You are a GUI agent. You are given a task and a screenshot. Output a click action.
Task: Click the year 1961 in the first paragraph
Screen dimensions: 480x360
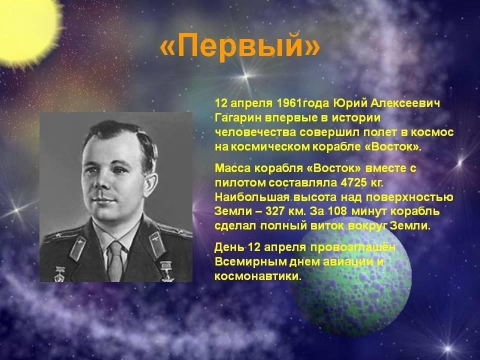click(288, 103)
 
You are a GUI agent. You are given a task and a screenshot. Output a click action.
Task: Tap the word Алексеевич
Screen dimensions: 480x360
click(405, 103)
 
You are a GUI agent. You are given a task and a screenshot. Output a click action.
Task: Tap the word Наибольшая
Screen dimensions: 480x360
click(252, 197)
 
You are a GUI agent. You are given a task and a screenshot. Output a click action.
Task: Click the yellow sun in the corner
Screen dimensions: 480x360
click(27, 29)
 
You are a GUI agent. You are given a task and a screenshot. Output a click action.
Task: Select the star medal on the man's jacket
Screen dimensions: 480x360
click(167, 271)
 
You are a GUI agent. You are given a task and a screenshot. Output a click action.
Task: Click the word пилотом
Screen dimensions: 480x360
click(240, 182)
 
